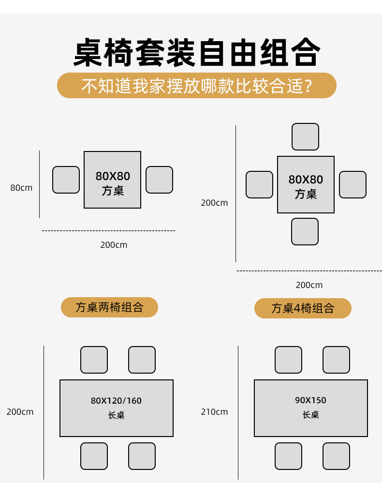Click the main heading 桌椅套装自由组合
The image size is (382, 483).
point(197,52)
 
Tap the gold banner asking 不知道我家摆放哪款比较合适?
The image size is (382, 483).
point(197,85)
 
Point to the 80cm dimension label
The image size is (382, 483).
point(21,188)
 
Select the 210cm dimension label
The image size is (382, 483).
point(214,412)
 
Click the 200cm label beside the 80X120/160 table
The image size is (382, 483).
point(20,412)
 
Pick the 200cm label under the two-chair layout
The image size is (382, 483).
point(114,245)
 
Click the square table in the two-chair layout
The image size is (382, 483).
point(112,180)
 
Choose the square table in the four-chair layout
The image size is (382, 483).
point(306,184)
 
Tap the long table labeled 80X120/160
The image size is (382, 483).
point(117,408)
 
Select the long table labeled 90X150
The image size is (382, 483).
point(311,408)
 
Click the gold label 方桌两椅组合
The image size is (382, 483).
point(109,307)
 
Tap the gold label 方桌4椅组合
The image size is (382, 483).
point(303,308)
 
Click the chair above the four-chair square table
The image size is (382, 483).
point(305,137)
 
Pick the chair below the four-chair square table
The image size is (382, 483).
point(305,232)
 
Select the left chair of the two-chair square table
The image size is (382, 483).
point(66,180)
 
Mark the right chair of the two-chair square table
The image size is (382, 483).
point(159,180)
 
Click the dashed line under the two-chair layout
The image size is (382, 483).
point(109,230)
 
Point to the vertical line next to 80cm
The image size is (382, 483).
point(39,184)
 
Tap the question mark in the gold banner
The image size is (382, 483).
point(308,86)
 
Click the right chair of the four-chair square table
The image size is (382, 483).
point(353,184)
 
